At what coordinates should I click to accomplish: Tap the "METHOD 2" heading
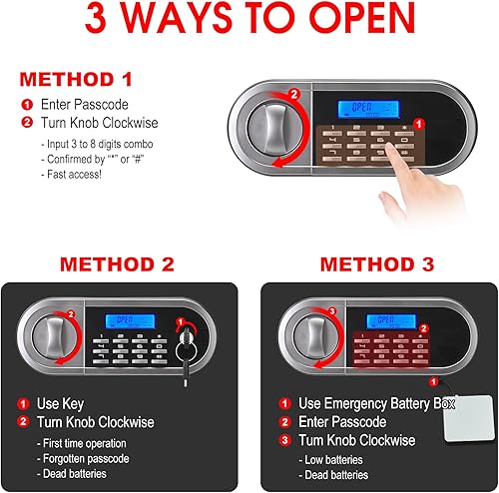pyautogui.click(x=118, y=265)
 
